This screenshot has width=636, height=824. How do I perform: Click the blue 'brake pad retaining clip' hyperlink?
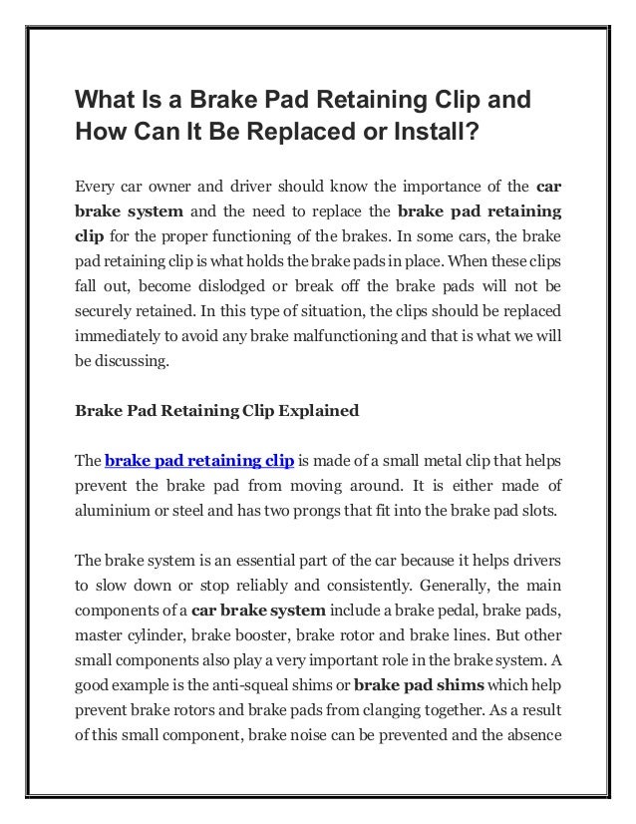tap(198, 462)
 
